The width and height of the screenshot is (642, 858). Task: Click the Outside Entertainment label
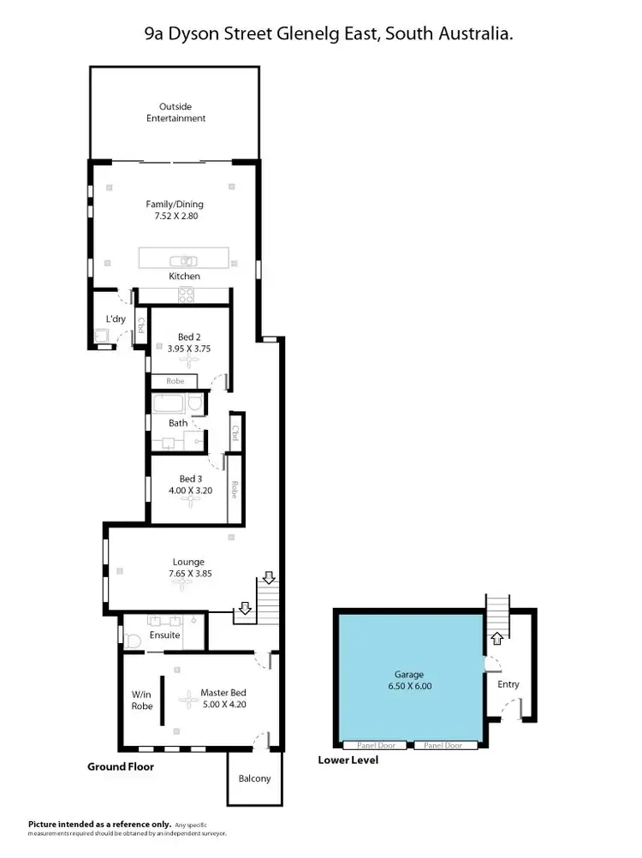pos(175,112)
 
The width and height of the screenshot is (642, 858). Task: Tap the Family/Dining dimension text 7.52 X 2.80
pos(175,217)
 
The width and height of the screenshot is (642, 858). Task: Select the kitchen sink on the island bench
pos(184,260)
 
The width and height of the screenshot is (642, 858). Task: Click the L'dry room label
pos(116,319)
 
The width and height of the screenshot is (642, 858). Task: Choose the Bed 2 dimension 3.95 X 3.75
pos(188,349)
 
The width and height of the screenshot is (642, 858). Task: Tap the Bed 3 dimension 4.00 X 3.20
pos(189,491)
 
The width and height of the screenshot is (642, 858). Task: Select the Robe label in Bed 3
pos(234,490)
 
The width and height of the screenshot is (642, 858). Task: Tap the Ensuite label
pos(165,635)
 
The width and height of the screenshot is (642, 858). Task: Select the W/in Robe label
pos(142,700)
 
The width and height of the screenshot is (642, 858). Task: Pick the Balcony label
pos(254,778)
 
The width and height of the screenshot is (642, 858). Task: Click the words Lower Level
pos(348,760)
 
